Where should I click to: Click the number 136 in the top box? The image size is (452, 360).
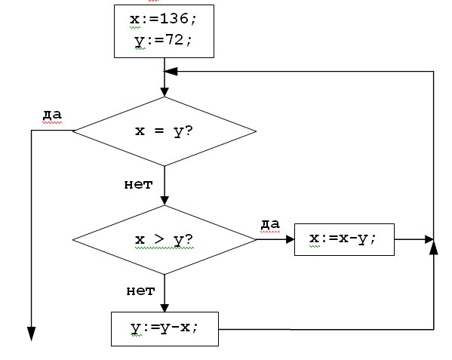174,19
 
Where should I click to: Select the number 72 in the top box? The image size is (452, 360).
174,39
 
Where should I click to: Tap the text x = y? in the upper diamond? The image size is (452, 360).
164,131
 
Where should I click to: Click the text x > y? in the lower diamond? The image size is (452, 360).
164,239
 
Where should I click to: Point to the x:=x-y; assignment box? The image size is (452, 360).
344,239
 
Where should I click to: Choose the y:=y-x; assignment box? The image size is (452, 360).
165,329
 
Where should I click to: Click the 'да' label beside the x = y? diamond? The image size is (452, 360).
52,115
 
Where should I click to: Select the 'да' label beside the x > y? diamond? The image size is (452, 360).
270,224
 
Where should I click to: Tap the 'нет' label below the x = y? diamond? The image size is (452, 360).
138,184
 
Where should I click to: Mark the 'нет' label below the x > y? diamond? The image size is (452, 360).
140,291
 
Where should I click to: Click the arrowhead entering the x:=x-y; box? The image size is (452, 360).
290,239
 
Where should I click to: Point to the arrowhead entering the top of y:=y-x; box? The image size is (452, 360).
165,308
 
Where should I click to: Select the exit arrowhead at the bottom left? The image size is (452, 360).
31,334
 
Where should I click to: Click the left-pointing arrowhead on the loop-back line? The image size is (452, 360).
171,72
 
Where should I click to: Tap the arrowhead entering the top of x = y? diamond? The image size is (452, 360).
165,92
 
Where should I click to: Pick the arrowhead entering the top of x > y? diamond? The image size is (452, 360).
165,201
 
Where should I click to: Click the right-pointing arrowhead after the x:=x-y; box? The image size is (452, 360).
429,239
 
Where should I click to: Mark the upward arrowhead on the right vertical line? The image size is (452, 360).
434,248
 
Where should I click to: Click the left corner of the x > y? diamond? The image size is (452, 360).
73,239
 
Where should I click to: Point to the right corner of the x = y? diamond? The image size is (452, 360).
256,131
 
